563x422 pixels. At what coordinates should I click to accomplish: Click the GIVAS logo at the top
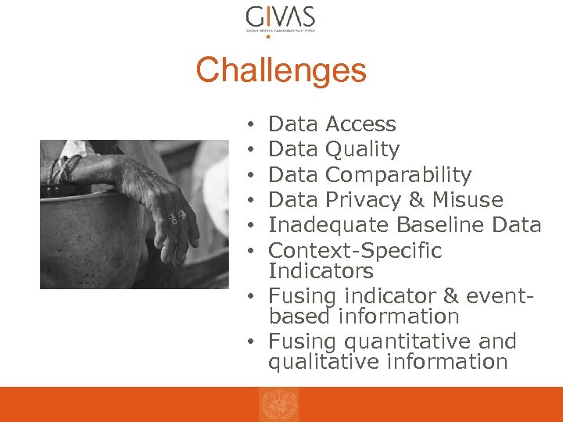click(281, 19)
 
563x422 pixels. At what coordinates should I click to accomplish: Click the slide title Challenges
click(281, 70)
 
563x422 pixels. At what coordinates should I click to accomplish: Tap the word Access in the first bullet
click(360, 124)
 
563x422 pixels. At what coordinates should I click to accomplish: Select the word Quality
click(362, 149)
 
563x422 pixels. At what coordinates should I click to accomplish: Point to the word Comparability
click(398, 174)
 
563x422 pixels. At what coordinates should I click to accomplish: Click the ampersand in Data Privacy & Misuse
click(414, 200)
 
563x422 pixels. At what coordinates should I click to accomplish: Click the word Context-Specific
click(355, 251)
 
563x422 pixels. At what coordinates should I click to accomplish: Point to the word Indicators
click(321, 271)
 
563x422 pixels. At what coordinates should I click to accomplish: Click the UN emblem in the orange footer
click(279, 405)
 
